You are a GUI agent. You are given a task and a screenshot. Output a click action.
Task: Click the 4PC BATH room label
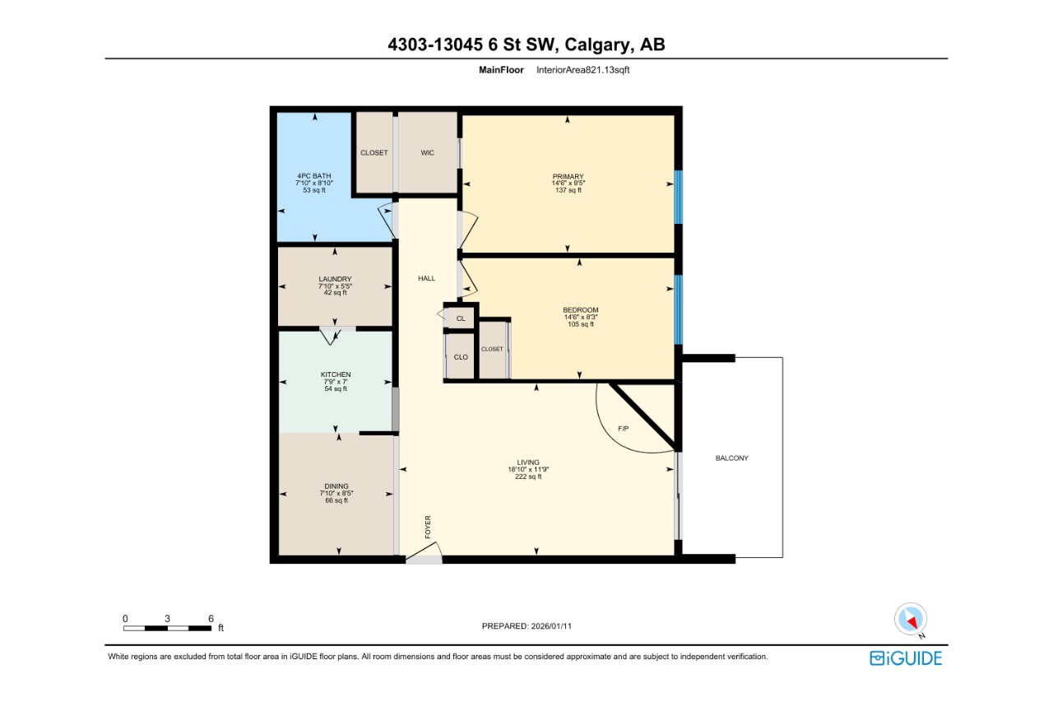point(314,176)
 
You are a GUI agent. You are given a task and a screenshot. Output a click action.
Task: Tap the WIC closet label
point(427,153)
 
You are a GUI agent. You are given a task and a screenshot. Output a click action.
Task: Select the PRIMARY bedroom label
point(568,177)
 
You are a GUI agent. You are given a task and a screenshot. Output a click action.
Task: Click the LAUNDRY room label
point(335,279)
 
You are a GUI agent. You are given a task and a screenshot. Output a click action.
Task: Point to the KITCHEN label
point(336,374)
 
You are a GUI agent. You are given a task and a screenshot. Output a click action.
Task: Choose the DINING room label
point(336,486)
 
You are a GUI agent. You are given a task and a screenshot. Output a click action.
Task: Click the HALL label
point(426,278)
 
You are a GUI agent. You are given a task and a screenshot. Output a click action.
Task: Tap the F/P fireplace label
point(624,429)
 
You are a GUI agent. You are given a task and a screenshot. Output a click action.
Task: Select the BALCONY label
point(731,458)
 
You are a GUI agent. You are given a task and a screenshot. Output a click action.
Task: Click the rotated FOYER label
point(428,527)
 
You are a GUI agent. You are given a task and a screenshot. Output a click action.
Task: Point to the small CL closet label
point(461,318)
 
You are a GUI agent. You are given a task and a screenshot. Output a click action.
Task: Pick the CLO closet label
point(461,357)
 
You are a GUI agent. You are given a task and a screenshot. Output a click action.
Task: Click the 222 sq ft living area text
point(528,477)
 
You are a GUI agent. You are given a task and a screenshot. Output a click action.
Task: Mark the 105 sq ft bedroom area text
point(580,324)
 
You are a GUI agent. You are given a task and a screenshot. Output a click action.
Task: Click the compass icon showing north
point(911,619)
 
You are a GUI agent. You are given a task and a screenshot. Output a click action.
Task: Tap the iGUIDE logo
point(906,658)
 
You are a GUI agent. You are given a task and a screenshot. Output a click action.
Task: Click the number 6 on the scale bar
point(211,618)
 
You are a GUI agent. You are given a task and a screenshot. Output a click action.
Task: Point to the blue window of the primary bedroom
point(678,197)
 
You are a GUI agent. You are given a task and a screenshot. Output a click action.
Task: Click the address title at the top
point(526,44)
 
